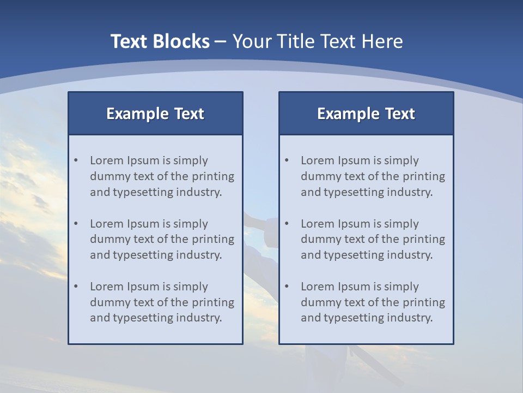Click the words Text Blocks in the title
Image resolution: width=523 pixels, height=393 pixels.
[x=160, y=41]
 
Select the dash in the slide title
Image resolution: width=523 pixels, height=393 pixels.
[x=221, y=41]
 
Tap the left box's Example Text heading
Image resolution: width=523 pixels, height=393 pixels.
[x=155, y=114]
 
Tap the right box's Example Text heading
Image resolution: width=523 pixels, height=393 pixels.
[x=366, y=114]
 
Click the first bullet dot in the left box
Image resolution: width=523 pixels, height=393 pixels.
[x=76, y=160]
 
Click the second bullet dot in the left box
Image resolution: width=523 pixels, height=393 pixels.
[x=76, y=224]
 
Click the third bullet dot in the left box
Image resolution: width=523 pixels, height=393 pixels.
[x=76, y=287]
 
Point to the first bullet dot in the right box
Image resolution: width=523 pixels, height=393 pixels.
[x=287, y=160]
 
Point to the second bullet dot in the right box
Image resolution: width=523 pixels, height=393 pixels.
[x=287, y=224]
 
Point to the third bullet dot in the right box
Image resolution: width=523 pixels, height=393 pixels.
[x=287, y=287]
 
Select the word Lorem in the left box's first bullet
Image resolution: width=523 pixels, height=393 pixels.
[x=107, y=160]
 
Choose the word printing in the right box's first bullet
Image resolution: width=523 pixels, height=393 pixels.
[x=424, y=176]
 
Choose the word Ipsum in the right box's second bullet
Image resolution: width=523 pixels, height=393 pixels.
[x=354, y=224]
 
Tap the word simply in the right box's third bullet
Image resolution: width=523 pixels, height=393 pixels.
[x=402, y=287]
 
